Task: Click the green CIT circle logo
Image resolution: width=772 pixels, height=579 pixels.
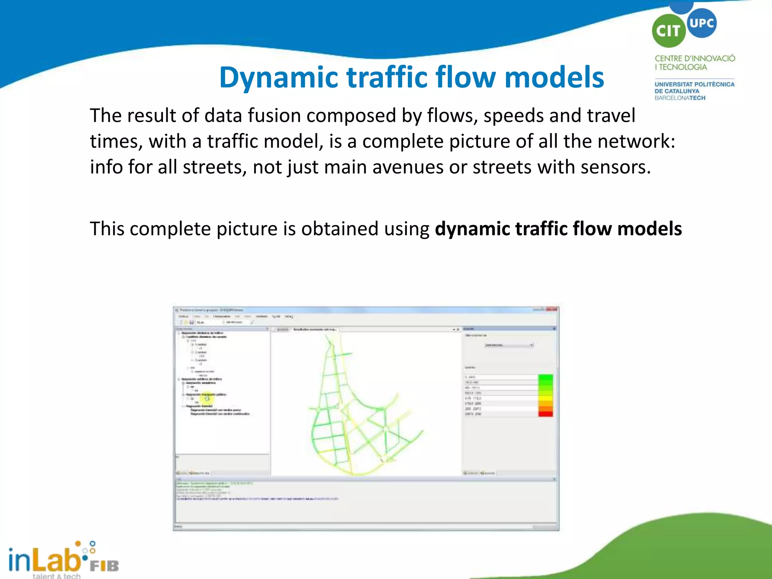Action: click(x=669, y=31)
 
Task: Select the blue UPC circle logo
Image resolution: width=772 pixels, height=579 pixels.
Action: click(x=702, y=23)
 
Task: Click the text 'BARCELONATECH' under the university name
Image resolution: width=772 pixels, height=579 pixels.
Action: click(x=680, y=98)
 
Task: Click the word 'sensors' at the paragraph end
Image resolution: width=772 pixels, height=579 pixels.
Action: click(x=615, y=167)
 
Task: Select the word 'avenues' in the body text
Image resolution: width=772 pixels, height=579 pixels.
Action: click(x=407, y=167)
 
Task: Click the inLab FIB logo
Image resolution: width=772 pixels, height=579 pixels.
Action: click(x=62, y=559)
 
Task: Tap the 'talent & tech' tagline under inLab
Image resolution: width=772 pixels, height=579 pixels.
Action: click(x=57, y=576)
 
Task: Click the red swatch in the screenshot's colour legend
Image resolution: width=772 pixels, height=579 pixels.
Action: click(x=545, y=414)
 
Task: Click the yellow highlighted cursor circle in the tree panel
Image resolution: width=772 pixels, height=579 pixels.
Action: click(x=207, y=398)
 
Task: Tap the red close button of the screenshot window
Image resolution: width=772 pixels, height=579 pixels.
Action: click(x=552, y=309)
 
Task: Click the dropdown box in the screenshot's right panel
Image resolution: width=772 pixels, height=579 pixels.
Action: click(x=509, y=345)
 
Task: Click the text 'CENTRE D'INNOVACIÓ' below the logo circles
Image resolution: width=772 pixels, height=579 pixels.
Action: click(x=695, y=58)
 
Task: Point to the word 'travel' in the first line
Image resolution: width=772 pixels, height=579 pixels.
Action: click(x=611, y=115)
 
